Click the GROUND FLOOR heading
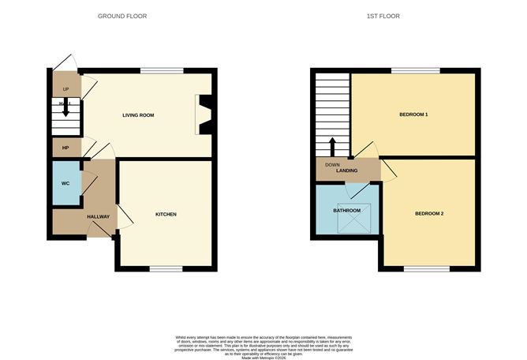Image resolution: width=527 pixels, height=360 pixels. [121, 16]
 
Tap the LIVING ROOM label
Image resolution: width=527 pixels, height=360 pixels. [137, 116]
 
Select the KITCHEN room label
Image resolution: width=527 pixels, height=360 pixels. [165, 215]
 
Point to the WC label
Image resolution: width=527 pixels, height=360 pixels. [65, 184]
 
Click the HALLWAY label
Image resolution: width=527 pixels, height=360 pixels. [98, 216]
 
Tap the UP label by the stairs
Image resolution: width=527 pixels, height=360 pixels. [65, 88]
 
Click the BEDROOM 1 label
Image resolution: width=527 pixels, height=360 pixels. [413, 115]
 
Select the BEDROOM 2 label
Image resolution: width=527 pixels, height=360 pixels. [430, 214]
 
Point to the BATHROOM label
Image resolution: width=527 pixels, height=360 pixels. [347, 211]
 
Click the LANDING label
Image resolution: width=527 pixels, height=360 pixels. [348, 170]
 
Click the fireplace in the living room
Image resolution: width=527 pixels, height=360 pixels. [204, 115]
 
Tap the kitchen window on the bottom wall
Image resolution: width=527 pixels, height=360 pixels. [165, 269]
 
